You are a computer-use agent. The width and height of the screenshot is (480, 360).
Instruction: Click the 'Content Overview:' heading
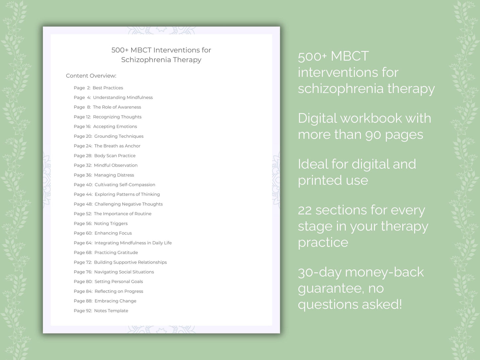(91, 76)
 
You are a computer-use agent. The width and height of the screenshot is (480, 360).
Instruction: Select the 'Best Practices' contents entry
(108, 88)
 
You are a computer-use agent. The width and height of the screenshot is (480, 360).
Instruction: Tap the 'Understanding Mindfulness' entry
(123, 97)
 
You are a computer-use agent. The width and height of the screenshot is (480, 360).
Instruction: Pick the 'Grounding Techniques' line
(119, 136)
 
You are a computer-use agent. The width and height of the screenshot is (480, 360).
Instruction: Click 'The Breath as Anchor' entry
(117, 146)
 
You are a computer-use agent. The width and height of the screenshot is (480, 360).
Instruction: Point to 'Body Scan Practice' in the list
(115, 155)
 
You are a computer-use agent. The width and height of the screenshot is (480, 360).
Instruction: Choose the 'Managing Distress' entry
(114, 175)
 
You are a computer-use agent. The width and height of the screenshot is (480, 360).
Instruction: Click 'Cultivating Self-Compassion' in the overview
(125, 185)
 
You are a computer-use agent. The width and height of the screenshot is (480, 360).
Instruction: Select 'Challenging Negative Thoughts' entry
(129, 204)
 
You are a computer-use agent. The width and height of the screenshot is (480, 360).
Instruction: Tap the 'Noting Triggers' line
(111, 224)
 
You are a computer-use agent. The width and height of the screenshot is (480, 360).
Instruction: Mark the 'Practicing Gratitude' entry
(116, 252)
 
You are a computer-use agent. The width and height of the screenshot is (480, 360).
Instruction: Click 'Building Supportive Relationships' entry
(130, 262)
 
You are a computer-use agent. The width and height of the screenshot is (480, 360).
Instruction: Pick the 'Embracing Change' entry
(115, 301)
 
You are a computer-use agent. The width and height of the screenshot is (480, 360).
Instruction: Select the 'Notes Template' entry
(111, 311)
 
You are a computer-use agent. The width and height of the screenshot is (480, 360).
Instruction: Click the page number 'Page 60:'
(83, 233)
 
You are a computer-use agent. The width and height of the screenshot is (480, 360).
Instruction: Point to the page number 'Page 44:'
(83, 194)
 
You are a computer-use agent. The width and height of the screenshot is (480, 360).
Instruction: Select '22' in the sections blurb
(305, 210)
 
